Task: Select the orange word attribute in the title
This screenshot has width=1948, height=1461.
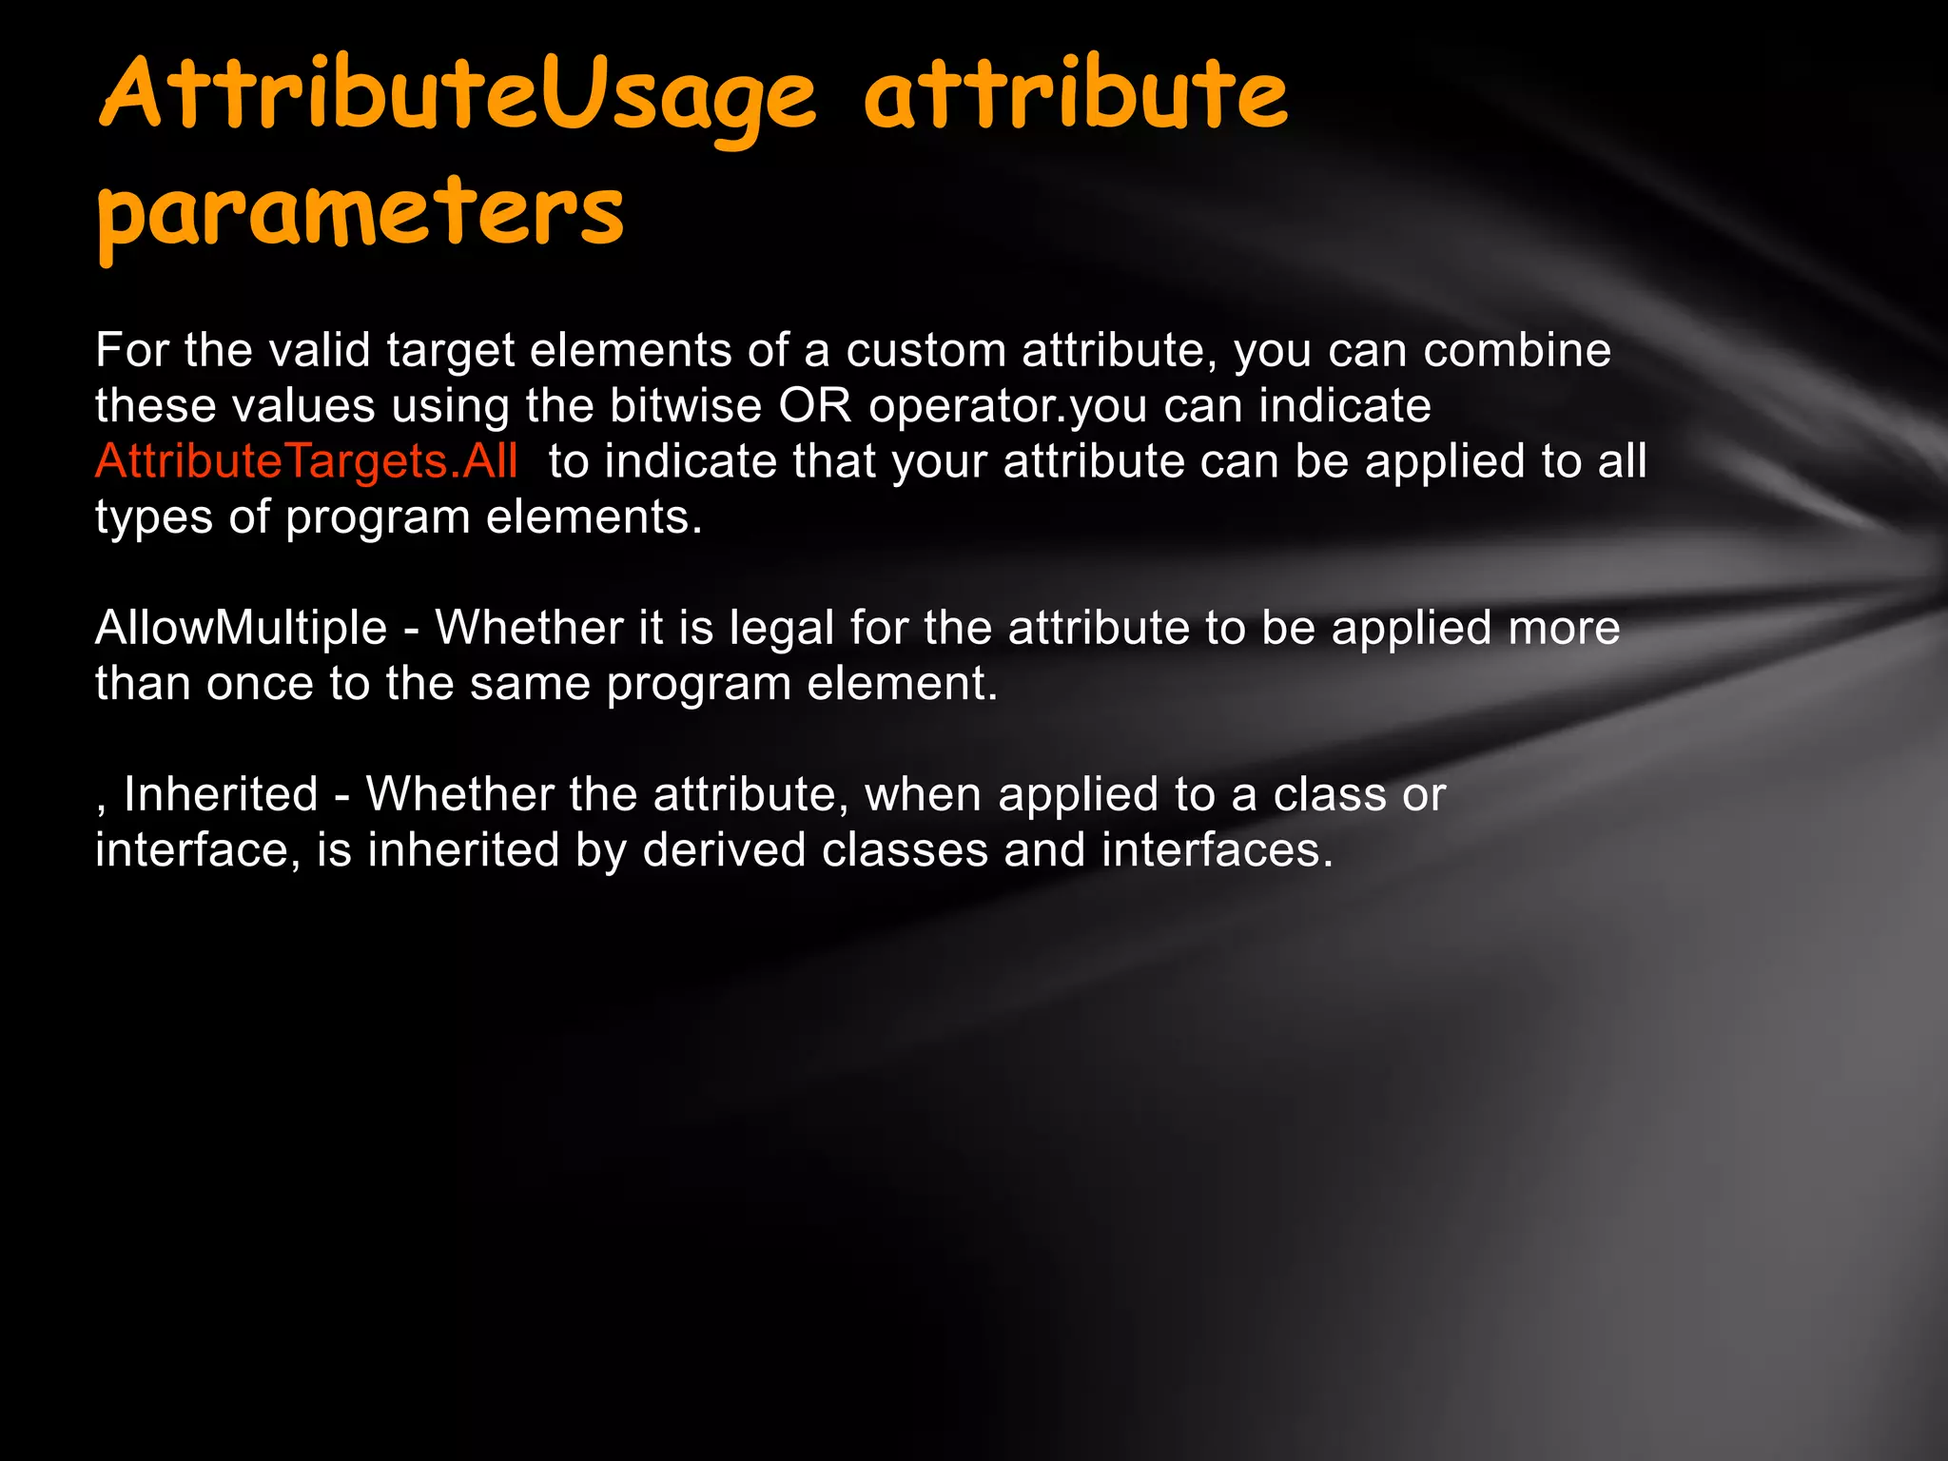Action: click(1075, 95)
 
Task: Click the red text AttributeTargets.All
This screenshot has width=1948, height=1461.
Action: click(306, 461)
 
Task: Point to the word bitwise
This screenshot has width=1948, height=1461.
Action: click(685, 406)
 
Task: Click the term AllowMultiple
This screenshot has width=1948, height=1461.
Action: click(241, 628)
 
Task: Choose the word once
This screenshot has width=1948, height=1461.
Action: click(260, 684)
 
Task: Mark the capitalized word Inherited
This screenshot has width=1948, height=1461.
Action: click(221, 794)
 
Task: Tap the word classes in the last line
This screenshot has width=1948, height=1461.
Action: click(905, 849)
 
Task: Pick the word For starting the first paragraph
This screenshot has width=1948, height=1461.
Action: click(131, 350)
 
